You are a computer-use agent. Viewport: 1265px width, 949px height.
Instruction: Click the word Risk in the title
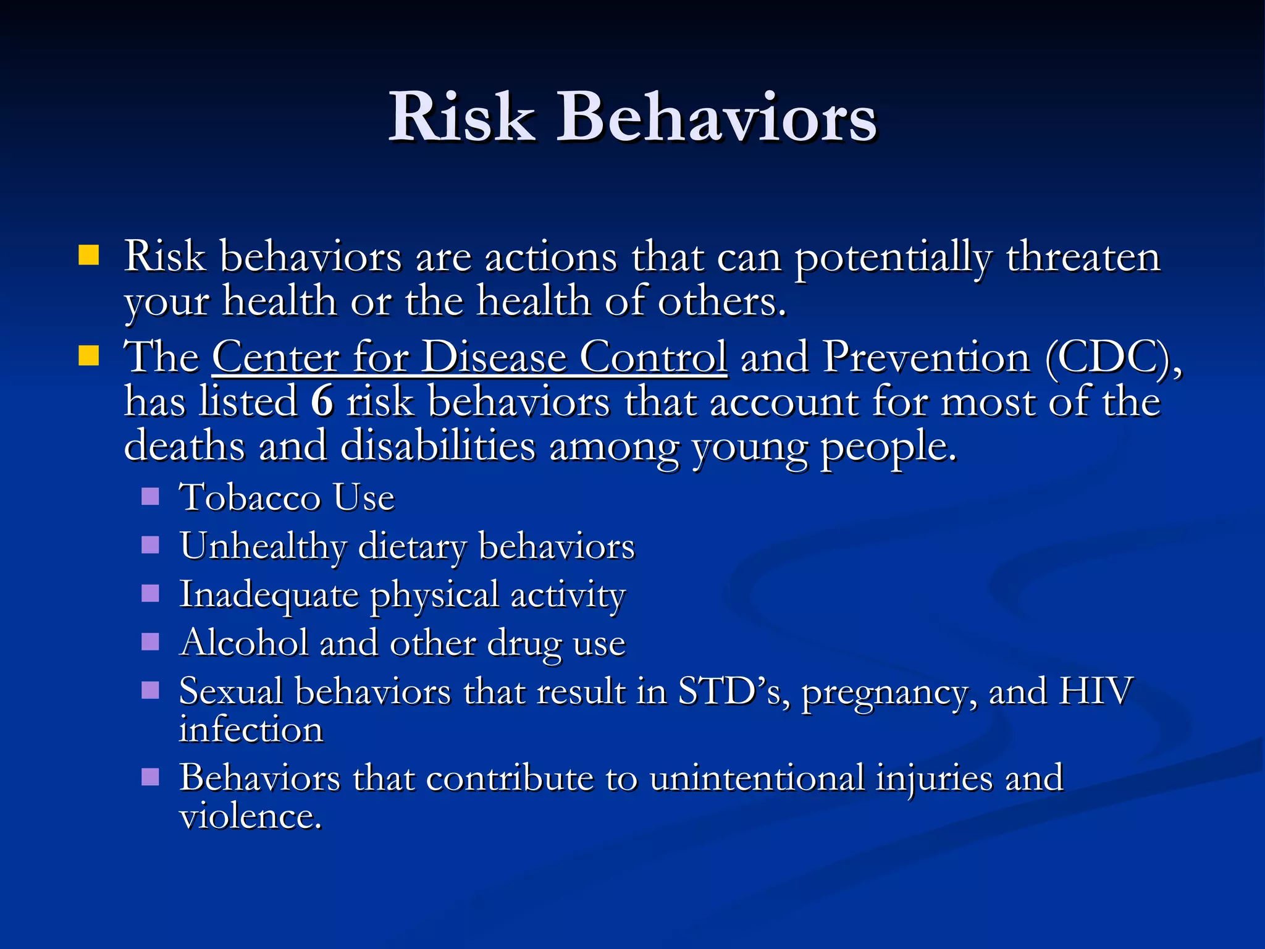click(x=461, y=117)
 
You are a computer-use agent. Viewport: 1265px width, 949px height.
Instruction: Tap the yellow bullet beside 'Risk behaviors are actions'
click(x=89, y=255)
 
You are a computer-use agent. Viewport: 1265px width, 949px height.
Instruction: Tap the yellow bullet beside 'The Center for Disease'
click(x=89, y=356)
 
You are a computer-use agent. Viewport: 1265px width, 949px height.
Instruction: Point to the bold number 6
click(x=322, y=402)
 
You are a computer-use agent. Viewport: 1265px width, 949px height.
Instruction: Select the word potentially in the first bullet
click(x=893, y=258)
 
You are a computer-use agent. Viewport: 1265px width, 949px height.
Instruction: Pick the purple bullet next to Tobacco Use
click(x=150, y=496)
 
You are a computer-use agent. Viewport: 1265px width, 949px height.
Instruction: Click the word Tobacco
click(x=249, y=497)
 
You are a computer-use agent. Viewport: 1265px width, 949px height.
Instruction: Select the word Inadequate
click(x=269, y=595)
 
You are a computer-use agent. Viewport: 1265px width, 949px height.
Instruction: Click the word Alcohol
click(x=243, y=643)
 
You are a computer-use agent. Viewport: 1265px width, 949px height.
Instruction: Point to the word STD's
click(x=734, y=691)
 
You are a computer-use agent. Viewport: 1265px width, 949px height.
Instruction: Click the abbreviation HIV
click(x=1096, y=691)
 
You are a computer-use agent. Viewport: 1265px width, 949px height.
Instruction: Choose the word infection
click(x=251, y=730)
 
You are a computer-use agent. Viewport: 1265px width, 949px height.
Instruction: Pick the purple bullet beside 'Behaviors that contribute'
click(x=150, y=777)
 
